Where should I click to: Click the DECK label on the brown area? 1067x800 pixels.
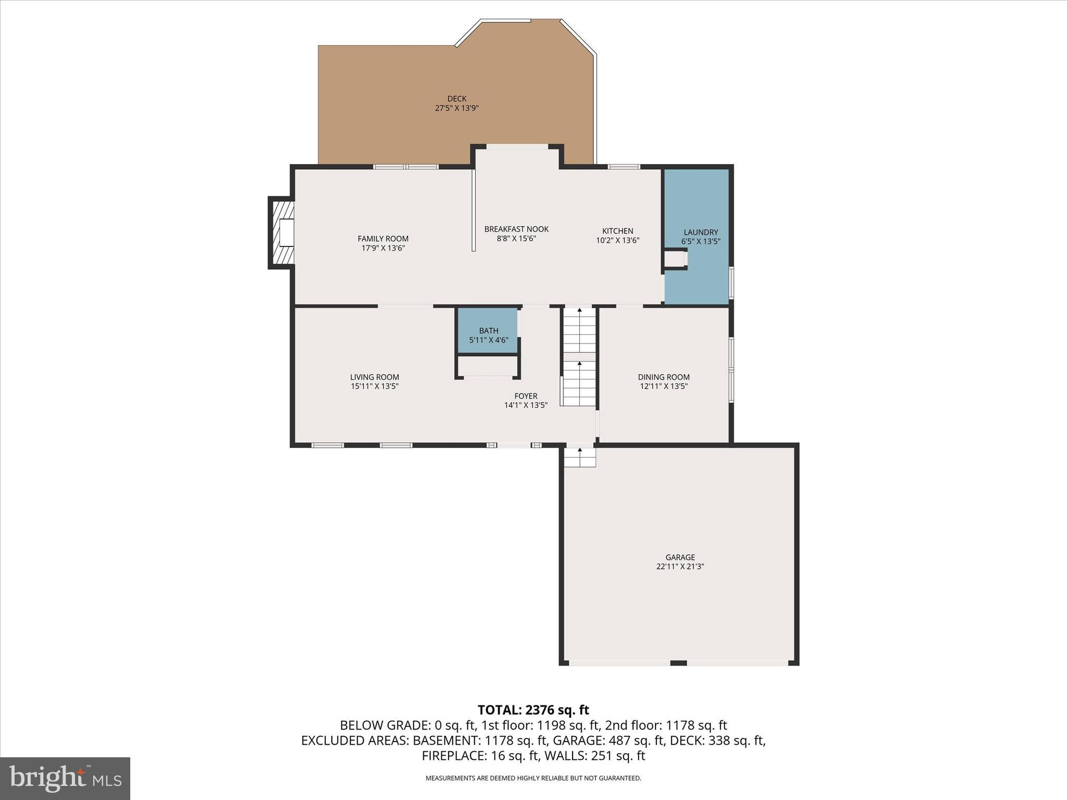[x=456, y=98]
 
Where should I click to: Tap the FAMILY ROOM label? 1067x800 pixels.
[x=383, y=239]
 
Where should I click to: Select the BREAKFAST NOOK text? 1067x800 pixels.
[x=516, y=229]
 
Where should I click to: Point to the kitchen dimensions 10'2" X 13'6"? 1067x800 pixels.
[x=617, y=241]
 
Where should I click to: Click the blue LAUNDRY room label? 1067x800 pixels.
[x=701, y=232]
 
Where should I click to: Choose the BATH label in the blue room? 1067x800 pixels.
[x=489, y=331]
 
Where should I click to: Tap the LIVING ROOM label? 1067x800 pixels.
[x=375, y=377]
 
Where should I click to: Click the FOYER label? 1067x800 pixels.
[x=526, y=396]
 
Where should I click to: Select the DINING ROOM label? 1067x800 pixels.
[x=664, y=377]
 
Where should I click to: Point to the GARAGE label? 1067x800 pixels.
[x=680, y=557]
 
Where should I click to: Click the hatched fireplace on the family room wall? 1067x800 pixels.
[x=281, y=233]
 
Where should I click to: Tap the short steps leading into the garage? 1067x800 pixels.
[x=580, y=457]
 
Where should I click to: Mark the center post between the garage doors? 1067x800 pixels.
[x=678, y=662]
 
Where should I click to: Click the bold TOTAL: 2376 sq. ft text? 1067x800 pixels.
[x=533, y=710]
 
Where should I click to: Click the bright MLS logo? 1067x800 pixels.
[x=65, y=778]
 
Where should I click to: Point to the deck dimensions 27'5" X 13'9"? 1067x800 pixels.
[x=456, y=108]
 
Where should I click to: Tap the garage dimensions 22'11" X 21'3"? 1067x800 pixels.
[x=680, y=567]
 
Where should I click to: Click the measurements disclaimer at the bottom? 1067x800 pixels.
[x=533, y=778]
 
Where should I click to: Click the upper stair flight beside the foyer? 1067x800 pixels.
[x=579, y=331]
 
